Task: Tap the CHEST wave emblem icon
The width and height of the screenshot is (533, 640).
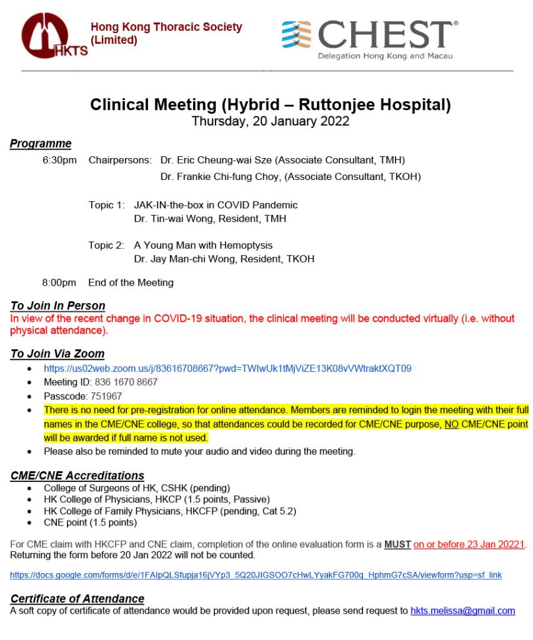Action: [296, 34]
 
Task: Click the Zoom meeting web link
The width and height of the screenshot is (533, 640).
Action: [227, 368]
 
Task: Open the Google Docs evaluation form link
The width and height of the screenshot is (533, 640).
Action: [256, 574]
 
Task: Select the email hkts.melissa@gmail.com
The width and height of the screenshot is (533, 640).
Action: [462, 611]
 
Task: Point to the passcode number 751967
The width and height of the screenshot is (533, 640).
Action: [106, 396]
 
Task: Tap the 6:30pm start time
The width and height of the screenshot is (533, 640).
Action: [59, 160]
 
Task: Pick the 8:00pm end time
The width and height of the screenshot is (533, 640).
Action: [59, 282]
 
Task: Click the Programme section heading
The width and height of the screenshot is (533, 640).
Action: [41, 144]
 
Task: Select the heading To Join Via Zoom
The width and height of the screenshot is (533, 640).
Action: [57, 354]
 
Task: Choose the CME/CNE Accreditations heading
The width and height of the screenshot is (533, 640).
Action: [77, 475]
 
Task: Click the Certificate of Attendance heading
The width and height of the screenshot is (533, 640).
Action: [77, 598]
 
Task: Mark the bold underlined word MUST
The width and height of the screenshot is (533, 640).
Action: [397, 544]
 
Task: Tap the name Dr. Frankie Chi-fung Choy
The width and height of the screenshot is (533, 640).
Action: [221, 177]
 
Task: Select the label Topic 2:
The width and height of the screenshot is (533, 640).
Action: [106, 245]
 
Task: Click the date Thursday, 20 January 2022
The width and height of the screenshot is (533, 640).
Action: [270, 121]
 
